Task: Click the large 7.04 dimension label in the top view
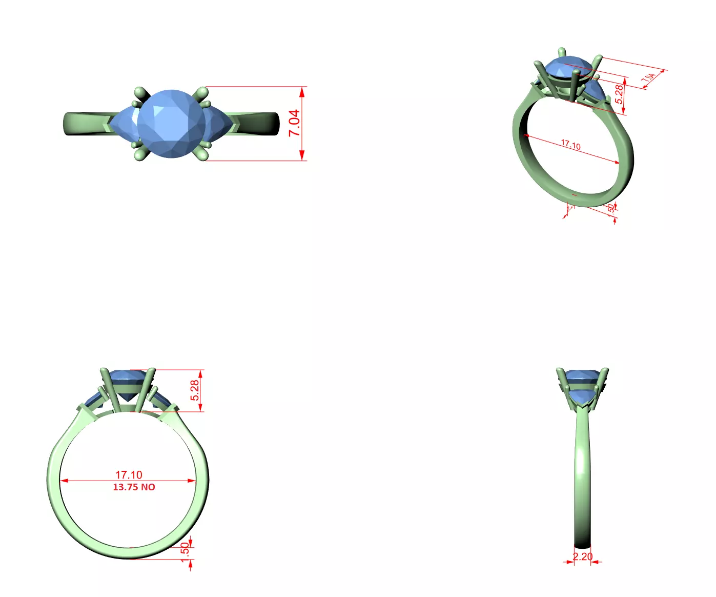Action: point(294,124)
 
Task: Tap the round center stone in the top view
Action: point(171,124)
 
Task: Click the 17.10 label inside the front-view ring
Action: point(129,475)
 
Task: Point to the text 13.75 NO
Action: point(134,487)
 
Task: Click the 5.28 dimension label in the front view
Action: point(195,390)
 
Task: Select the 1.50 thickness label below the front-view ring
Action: point(185,552)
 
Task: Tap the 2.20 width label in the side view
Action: point(583,556)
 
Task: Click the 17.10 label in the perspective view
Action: point(570,145)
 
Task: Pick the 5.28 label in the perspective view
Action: point(619,94)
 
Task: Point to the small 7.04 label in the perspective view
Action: point(648,78)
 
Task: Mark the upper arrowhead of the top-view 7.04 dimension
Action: point(302,92)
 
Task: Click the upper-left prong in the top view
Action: point(139,93)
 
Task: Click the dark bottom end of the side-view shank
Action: point(583,545)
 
